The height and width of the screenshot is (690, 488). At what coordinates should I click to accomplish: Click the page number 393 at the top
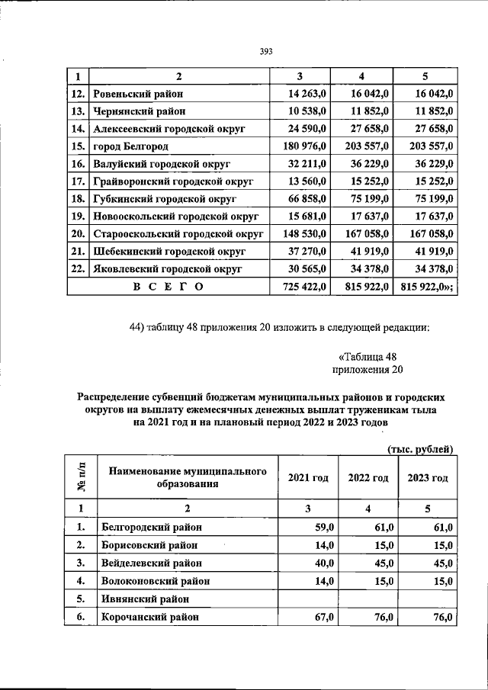point(266,52)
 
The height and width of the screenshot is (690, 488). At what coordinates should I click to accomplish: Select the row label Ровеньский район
point(137,94)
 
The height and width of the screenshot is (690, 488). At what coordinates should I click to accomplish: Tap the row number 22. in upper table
point(77,269)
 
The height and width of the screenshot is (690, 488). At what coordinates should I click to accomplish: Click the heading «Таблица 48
point(367,356)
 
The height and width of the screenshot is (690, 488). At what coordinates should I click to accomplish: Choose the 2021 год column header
point(308,478)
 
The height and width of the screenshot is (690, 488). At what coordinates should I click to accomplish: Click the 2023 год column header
point(427,478)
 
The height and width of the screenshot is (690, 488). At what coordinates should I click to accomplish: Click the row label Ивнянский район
point(143,599)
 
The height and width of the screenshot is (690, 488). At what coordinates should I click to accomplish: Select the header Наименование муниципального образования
point(188,478)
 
